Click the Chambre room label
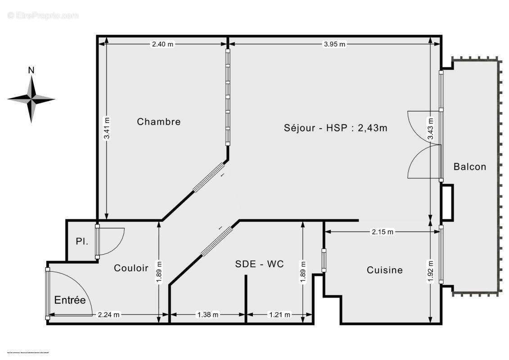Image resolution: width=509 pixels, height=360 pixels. pos(159,121)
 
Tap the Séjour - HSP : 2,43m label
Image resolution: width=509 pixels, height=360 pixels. pos(336,127)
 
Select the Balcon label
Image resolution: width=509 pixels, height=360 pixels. pos(470,166)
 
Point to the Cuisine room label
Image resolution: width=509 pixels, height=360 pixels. pos(385,270)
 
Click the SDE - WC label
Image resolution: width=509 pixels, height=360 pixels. pos(260,264)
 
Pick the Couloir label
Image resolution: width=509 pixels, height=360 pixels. pos(131,268)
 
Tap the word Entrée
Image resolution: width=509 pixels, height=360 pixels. pos(70,300)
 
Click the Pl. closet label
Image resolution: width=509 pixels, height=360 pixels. pos(82,242)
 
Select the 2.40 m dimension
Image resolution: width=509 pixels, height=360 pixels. pos(162,44)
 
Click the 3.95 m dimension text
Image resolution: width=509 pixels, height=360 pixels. pos(335,44)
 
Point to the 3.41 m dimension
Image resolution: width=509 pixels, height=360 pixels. pos(107,129)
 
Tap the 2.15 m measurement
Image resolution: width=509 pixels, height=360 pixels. pos(383,232)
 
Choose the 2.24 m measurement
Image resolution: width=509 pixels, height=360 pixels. pos(109,315)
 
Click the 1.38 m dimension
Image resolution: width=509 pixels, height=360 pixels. pos(207,315)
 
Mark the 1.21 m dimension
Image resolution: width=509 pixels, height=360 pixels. pos(279,315)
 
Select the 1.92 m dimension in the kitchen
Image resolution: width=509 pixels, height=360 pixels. pos(431,272)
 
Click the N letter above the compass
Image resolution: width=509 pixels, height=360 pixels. pos(31,70)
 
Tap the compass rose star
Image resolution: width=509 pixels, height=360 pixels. pos(31,99)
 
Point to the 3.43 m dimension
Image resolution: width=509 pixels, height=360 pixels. pos(431,129)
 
